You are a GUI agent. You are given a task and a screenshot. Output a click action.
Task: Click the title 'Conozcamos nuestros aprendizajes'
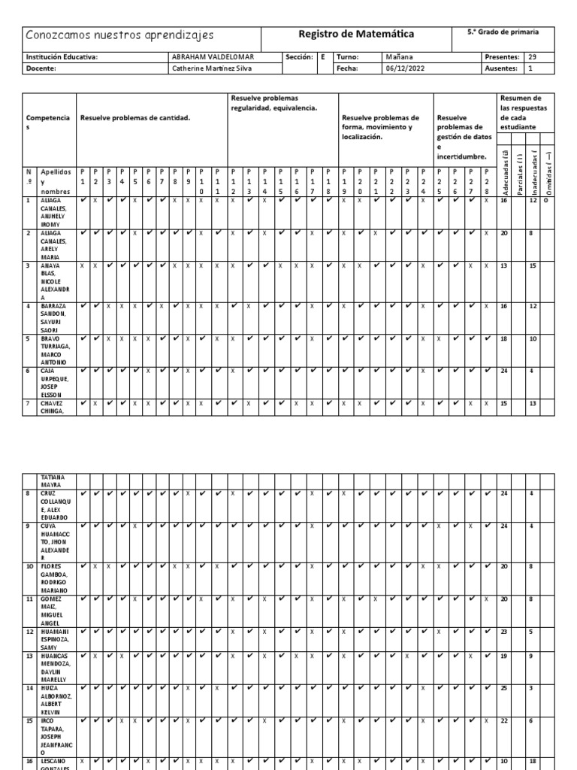click(120, 35)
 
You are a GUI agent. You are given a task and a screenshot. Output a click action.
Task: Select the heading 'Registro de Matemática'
click(356, 35)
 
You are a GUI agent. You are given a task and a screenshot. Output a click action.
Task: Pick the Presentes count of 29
click(533, 56)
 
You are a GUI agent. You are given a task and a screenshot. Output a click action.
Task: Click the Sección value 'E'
click(322, 56)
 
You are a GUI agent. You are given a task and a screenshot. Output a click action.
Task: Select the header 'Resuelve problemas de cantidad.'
click(135, 118)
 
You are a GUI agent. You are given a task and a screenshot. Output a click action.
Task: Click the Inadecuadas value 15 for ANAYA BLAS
click(533, 265)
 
